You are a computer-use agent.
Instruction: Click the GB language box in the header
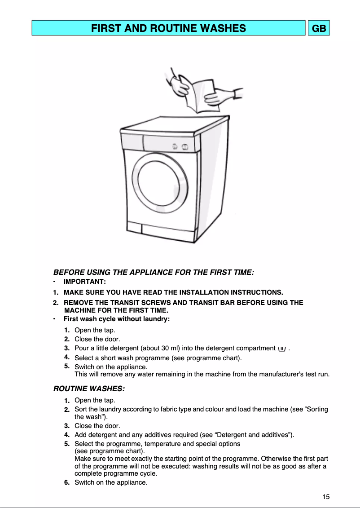pyautogui.click(x=319, y=28)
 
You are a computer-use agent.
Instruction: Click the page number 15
pyautogui.click(x=326, y=496)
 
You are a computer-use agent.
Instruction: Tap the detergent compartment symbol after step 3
pyautogui.click(x=282, y=348)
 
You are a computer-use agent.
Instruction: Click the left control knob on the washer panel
pyautogui.click(x=175, y=146)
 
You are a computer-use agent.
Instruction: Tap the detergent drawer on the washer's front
pyautogui.click(x=132, y=141)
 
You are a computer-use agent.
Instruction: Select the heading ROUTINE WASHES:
pyautogui.click(x=89, y=388)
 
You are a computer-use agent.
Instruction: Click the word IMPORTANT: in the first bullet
pyautogui.click(x=85, y=282)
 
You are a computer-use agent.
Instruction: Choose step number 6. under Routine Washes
pyautogui.click(x=66, y=482)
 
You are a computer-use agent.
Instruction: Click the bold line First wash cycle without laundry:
pyautogui.click(x=117, y=319)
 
